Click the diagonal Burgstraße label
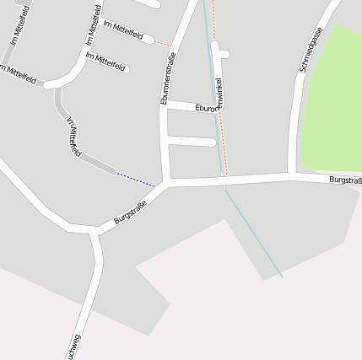[130, 211]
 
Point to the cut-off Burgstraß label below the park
[345, 180]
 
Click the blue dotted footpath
[136, 179]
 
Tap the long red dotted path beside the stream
[221, 126]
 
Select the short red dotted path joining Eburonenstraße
[162, 42]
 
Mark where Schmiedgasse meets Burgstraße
[292, 175]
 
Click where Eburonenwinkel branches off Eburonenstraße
[167, 104]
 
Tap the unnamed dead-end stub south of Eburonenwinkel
[192, 141]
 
